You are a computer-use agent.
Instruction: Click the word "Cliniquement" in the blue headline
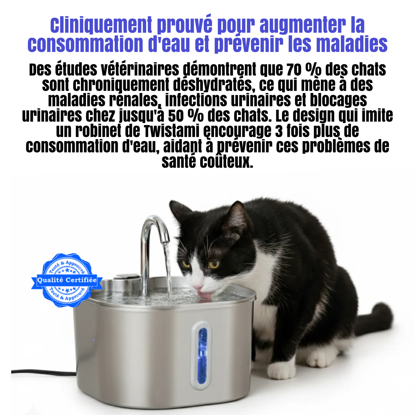click(101, 25)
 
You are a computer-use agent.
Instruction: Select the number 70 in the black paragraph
click(294, 69)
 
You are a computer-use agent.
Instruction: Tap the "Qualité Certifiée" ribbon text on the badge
click(67, 280)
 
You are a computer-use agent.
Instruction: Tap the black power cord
click(43, 372)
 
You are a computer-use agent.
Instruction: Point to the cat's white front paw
click(281, 370)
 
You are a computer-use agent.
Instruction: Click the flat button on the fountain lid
click(127, 276)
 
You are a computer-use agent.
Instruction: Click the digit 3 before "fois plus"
click(279, 131)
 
